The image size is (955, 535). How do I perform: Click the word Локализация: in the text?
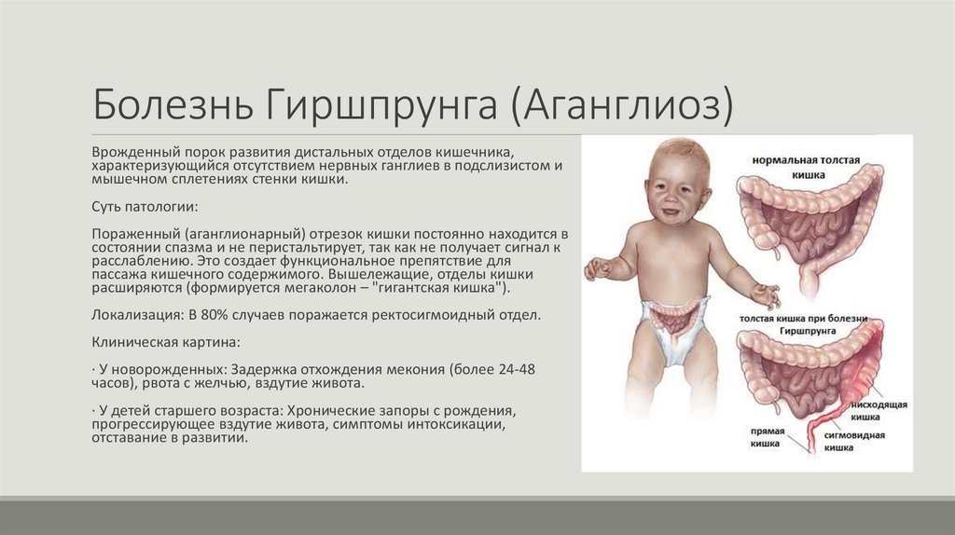(x=134, y=315)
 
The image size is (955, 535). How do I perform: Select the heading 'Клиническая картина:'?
(x=159, y=341)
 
